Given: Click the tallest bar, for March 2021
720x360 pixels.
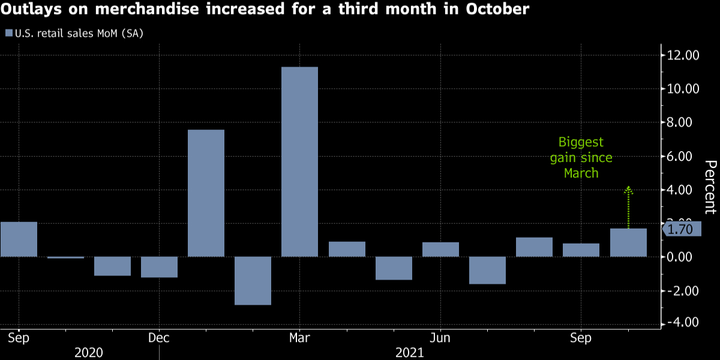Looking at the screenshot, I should pyautogui.click(x=299, y=161).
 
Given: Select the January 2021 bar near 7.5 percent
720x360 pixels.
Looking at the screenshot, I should pyautogui.click(x=206, y=193).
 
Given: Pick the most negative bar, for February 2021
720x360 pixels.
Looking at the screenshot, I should pyautogui.click(x=253, y=281).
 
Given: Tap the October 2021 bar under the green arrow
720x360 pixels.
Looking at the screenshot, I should pyautogui.click(x=628, y=242).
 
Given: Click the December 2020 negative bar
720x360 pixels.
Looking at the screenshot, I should pyautogui.click(x=159, y=267).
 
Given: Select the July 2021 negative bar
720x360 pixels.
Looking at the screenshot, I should pyautogui.click(x=487, y=270).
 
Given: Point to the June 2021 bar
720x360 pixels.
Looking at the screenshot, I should pyautogui.click(x=440, y=250).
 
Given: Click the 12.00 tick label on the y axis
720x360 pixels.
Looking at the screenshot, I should pyautogui.click(x=683, y=55).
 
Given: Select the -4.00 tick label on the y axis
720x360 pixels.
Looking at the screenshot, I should pyautogui.click(x=685, y=323).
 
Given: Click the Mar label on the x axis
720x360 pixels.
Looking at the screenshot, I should pyautogui.click(x=299, y=338).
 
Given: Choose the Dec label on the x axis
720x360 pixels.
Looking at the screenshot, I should pyautogui.click(x=158, y=338).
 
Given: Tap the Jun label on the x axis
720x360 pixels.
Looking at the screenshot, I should pyautogui.click(x=440, y=338).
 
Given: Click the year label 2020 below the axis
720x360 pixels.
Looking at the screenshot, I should pyautogui.click(x=89, y=352).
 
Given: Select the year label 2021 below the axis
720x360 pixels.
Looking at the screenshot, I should pyautogui.click(x=409, y=352).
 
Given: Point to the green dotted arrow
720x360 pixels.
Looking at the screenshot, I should pyautogui.click(x=628, y=207).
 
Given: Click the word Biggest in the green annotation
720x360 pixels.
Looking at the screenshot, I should pyautogui.click(x=581, y=143).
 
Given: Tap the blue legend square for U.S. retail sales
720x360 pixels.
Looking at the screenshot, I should pyautogui.click(x=8, y=33).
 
